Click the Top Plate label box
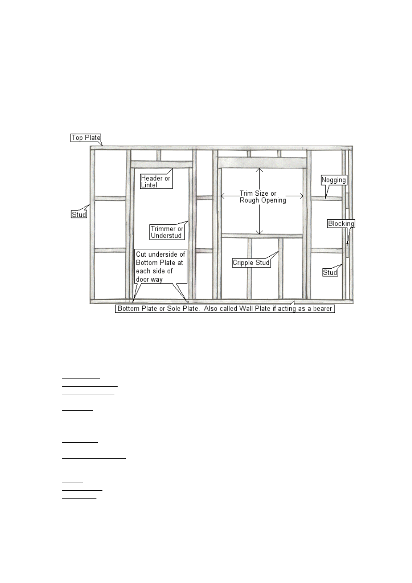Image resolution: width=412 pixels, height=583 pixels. pyautogui.click(x=85, y=138)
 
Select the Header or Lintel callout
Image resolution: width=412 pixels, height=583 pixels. pyautogui.click(x=156, y=181)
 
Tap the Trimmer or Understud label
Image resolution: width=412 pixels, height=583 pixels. pyautogui.click(x=167, y=232)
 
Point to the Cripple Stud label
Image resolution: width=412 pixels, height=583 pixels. pyautogui.click(x=251, y=263)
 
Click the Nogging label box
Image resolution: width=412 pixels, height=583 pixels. pyautogui.click(x=334, y=180)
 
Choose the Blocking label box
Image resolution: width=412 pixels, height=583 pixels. pyautogui.click(x=341, y=223)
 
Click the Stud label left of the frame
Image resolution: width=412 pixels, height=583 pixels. pyautogui.click(x=79, y=214)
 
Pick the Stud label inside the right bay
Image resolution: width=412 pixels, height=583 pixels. pyautogui.click(x=330, y=272)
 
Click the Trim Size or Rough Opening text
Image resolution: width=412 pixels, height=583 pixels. pyautogui.click(x=263, y=197)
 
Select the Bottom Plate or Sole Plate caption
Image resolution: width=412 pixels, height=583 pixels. pyautogui.click(x=225, y=308)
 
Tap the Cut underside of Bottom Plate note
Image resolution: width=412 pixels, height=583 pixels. pyautogui.click(x=161, y=266)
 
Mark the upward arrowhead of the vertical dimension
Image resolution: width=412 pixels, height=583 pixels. pyautogui.click(x=259, y=170)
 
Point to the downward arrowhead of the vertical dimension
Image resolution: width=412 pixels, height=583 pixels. pyautogui.click(x=259, y=232)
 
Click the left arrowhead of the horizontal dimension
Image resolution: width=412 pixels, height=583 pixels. pyautogui.click(x=223, y=196)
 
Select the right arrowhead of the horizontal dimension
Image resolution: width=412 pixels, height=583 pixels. pyautogui.click(x=301, y=196)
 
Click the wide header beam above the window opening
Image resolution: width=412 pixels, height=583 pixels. pyautogui.click(x=262, y=163)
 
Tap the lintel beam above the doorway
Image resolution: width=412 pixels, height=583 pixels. pyautogui.click(x=161, y=164)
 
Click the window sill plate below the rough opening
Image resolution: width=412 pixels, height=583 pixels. pyautogui.click(x=262, y=236)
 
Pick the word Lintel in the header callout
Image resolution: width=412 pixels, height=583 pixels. pyautogui.click(x=149, y=185)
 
